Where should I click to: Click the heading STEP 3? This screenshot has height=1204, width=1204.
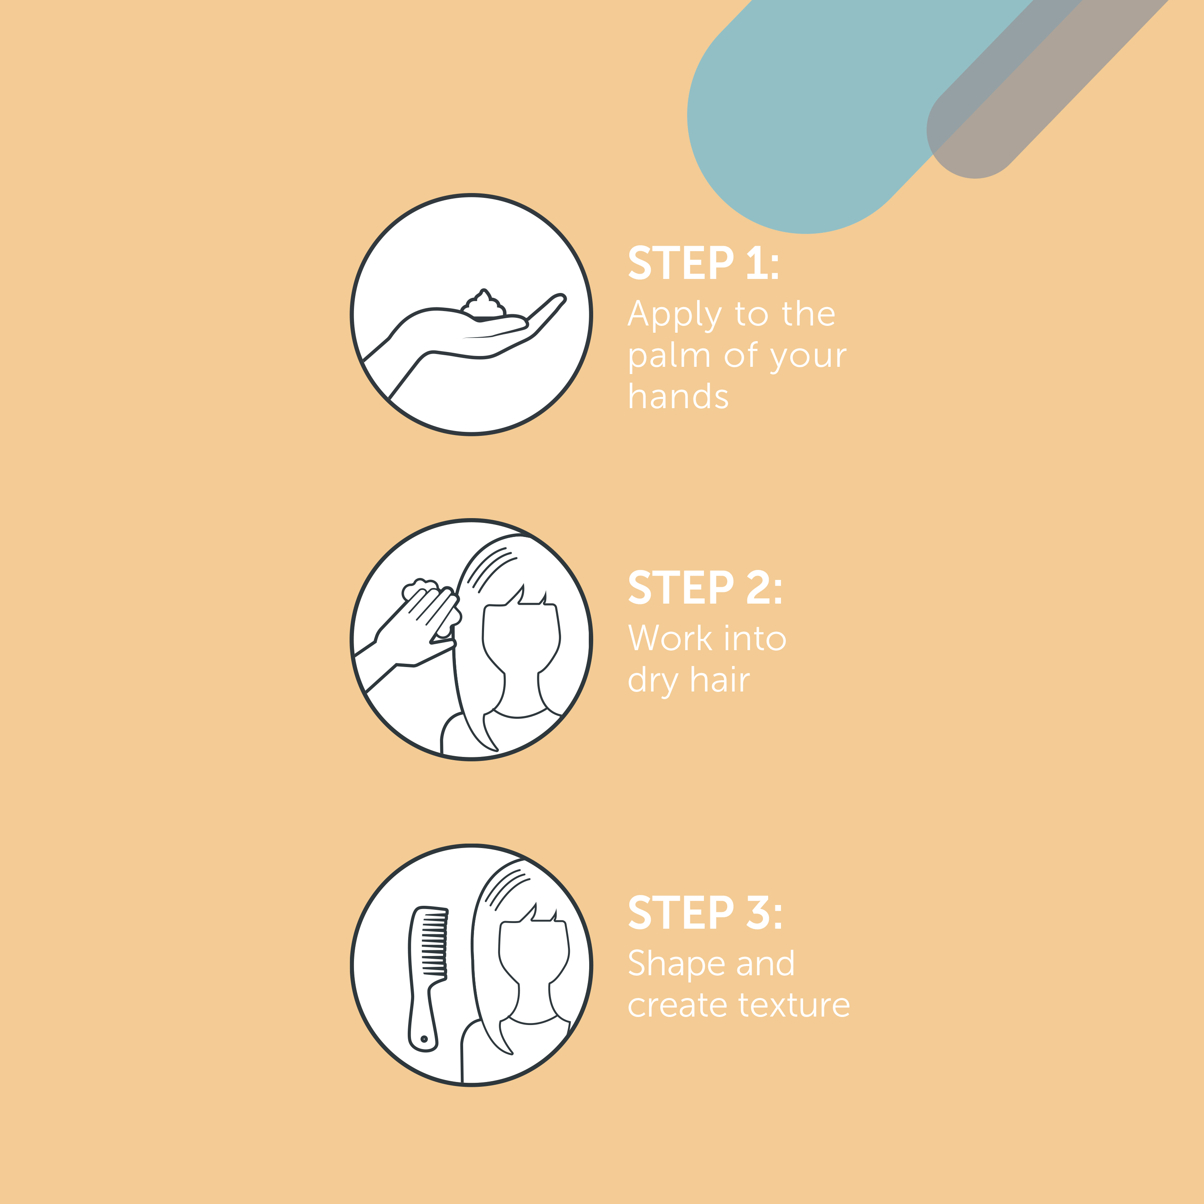[705, 913]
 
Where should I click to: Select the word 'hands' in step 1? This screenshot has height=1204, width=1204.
[678, 397]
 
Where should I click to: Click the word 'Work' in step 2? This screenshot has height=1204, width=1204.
[670, 639]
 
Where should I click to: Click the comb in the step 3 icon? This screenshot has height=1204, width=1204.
[427, 979]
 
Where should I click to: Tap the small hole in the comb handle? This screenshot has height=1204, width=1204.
[424, 1039]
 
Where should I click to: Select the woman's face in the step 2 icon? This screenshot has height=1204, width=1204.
[521, 636]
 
